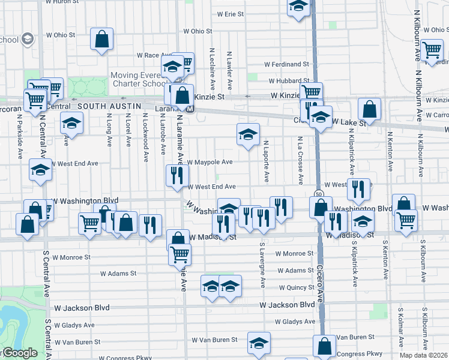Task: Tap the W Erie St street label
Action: click(231, 13)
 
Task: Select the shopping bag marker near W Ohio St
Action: click(102, 40)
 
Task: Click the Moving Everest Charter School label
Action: click(140, 80)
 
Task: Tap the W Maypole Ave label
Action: click(209, 162)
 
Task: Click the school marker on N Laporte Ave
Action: click(247, 135)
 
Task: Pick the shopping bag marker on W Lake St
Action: click(370, 110)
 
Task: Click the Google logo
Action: click(19, 353)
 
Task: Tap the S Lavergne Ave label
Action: click(262, 264)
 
